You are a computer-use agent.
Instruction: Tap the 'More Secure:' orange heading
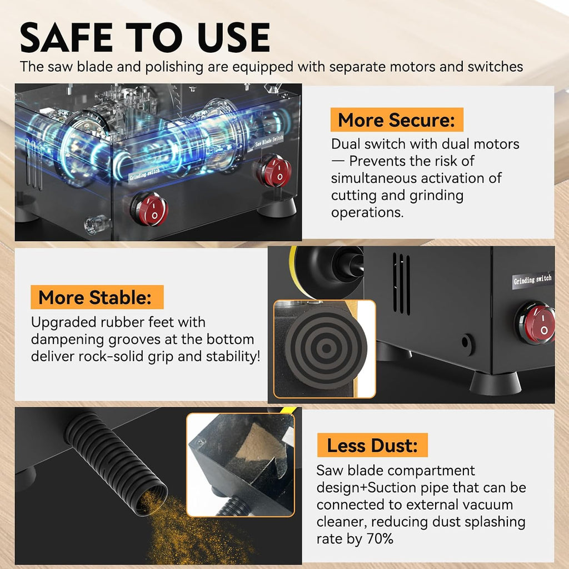click(x=397, y=120)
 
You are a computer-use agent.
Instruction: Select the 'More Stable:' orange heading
click(x=97, y=297)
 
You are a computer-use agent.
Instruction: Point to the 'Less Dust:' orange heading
click(x=372, y=445)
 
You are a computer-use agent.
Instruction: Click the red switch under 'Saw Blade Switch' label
click(x=274, y=171)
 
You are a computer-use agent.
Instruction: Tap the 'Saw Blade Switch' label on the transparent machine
click(x=269, y=141)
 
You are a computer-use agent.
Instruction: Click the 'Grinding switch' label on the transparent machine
click(x=144, y=174)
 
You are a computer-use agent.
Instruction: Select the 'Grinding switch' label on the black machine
click(x=533, y=280)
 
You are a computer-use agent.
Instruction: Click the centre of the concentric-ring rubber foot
click(x=326, y=348)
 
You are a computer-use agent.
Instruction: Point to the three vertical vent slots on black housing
click(x=401, y=283)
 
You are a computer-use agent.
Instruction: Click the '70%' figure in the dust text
click(x=380, y=538)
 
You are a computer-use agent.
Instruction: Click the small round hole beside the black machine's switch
click(x=467, y=343)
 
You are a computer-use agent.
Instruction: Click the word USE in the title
click(x=234, y=37)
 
